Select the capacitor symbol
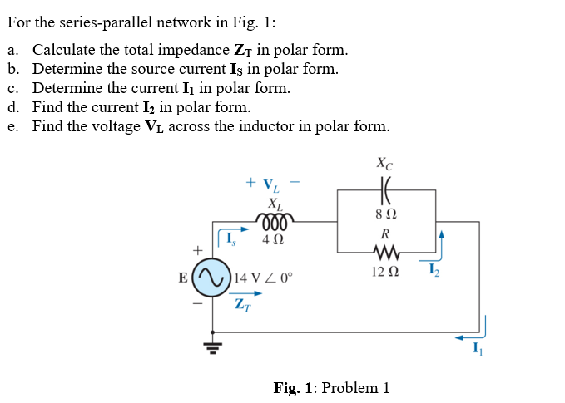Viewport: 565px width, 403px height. click(x=386, y=189)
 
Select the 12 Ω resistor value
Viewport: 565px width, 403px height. click(x=385, y=271)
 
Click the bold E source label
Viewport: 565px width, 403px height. click(x=182, y=278)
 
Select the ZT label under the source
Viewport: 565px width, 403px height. click(x=243, y=307)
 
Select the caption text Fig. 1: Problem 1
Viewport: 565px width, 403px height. click(x=331, y=387)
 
